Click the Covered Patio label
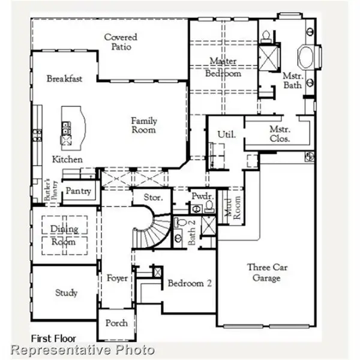[121, 42]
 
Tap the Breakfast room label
[64, 79]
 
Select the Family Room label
[144, 125]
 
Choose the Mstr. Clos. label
[280, 133]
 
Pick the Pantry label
[79, 191]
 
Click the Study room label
[66, 293]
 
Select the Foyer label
[118, 278]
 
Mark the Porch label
[116, 323]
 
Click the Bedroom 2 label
[190, 283]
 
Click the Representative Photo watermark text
[83, 350]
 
